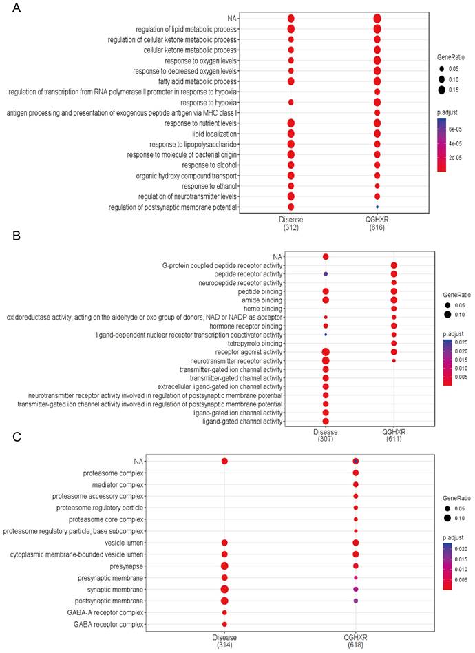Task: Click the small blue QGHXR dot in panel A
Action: tap(377, 207)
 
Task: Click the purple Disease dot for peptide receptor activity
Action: tap(326, 274)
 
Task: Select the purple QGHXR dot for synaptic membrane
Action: tap(355, 590)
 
